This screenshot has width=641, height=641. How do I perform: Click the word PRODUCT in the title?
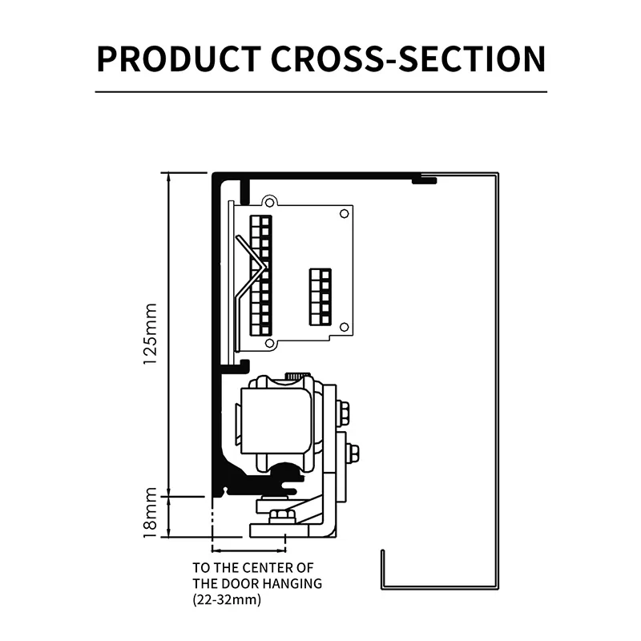pos(179,58)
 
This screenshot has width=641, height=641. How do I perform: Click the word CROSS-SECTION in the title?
pos(409,58)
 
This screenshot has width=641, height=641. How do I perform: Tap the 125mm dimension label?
pos(151,334)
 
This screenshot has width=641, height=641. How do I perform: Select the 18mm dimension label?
pos(151,513)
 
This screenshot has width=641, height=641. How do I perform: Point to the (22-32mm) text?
pos(227,599)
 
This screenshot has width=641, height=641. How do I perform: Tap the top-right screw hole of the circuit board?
pos(345,214)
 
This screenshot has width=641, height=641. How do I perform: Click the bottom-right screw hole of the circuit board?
pos(345,327)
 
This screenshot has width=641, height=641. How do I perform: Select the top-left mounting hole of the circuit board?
pos(269,203)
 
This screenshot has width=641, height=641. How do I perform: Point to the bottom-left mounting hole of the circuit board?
pos(269,343)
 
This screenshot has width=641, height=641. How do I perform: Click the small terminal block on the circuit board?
pos(320,296)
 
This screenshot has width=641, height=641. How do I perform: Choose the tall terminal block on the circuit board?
pos(261,276)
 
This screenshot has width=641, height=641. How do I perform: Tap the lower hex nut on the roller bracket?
pos(353,453)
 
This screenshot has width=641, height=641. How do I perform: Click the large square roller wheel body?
pos(276,421)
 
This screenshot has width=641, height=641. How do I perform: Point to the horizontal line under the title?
pos(321,92)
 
